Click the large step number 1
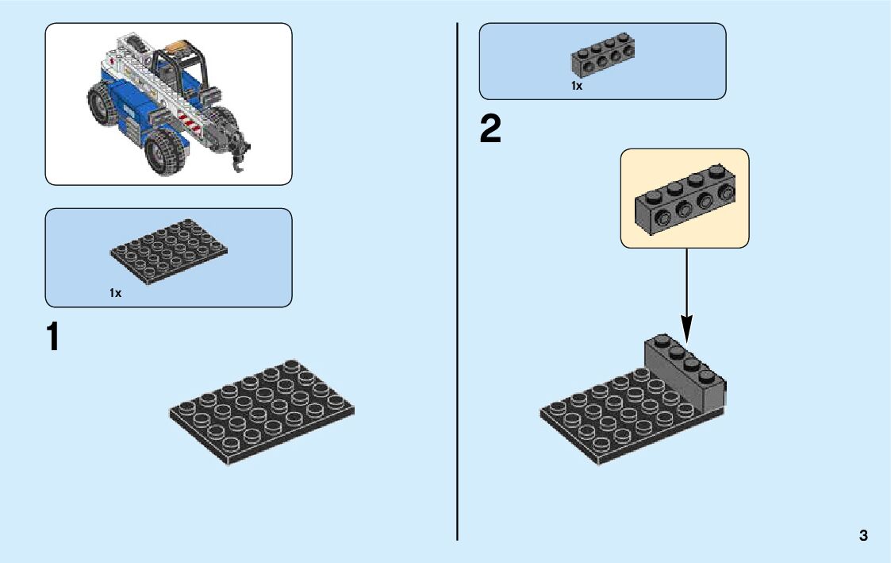53,337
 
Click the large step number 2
490,129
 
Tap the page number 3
862,535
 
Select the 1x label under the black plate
116,293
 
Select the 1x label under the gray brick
577,86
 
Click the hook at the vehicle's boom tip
237,159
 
